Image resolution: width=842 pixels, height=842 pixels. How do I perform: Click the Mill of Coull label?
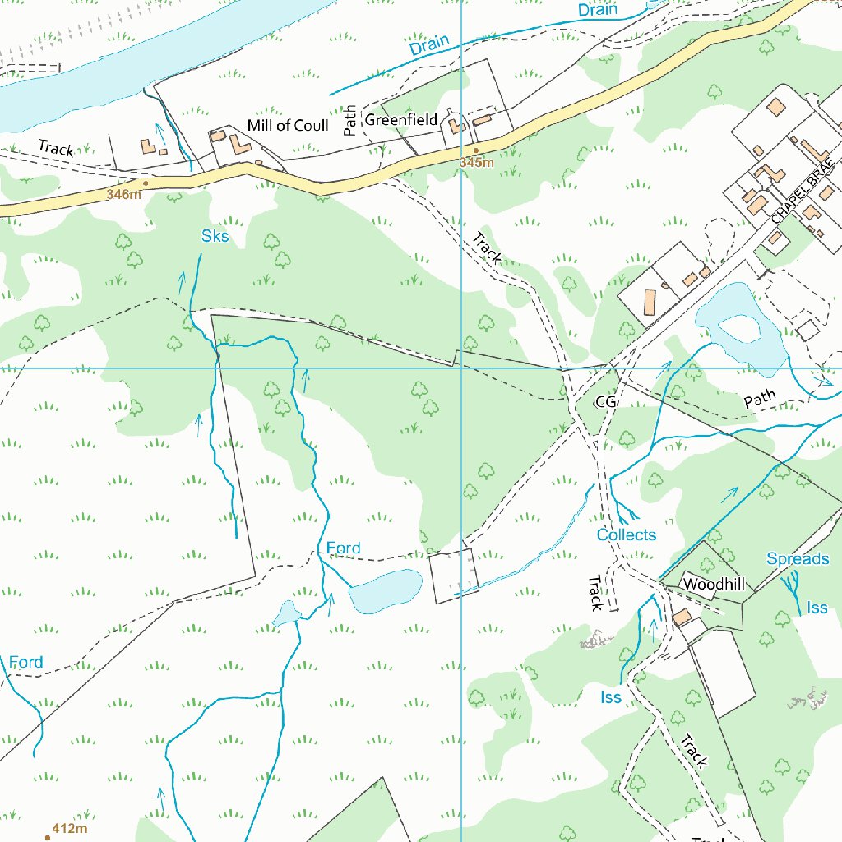coord(288,126)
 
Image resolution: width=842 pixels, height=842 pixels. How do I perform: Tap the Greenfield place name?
coord(401,120)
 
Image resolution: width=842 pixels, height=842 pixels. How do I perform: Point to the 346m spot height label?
coord(123,195)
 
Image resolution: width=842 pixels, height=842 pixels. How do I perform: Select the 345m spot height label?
coord(476,163)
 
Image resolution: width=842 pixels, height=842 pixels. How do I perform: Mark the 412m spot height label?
coord(69,828)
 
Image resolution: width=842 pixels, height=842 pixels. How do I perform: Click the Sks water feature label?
coord(215,237)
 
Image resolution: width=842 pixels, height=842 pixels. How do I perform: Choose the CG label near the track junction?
coord(606,401)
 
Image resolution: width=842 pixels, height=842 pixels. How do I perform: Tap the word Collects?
coord(627,535)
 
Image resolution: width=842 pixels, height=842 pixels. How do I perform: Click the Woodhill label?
coord(714,585)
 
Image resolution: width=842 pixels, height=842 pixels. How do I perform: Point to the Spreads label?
coord(798,559)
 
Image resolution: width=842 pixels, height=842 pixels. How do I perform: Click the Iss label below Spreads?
coord(817,608)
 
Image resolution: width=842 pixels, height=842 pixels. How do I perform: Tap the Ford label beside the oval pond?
coord(343,548)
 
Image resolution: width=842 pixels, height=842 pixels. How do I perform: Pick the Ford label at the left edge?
coord(26,662)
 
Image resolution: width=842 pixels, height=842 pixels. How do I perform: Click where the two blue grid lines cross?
coord(462,368)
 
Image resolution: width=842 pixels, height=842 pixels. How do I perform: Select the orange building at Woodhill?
coord(682,618)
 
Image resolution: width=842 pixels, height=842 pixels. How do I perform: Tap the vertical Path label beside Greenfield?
coord(350,121)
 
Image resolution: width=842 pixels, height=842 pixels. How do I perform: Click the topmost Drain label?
coord(598,11)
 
